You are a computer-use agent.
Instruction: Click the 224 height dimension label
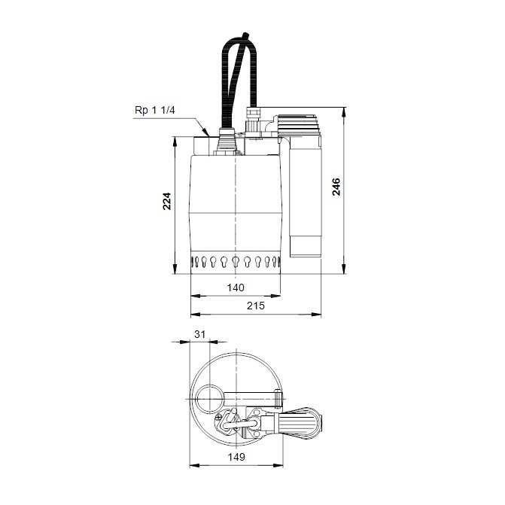point(169,202)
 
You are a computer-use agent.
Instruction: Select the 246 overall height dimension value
point(336,186)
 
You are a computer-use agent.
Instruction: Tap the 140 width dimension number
point(236,287)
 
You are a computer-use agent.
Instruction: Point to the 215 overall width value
point(255,306)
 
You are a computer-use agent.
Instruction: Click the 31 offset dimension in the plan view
point(199,334)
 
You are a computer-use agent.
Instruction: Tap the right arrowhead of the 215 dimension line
point(320,314)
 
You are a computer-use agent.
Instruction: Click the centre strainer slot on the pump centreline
point(236,263)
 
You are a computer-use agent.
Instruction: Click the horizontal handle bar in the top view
point(248,397)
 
